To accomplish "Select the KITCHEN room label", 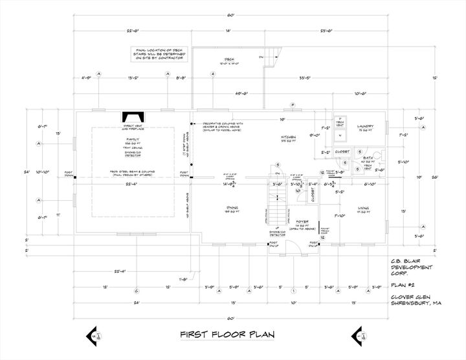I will (x=289, y=137).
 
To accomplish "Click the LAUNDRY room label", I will (x=366, y=126).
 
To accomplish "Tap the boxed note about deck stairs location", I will (x=159, y=54).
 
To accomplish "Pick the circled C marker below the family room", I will (x=136, y=289).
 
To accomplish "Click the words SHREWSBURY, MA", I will (x=414, y=303).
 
